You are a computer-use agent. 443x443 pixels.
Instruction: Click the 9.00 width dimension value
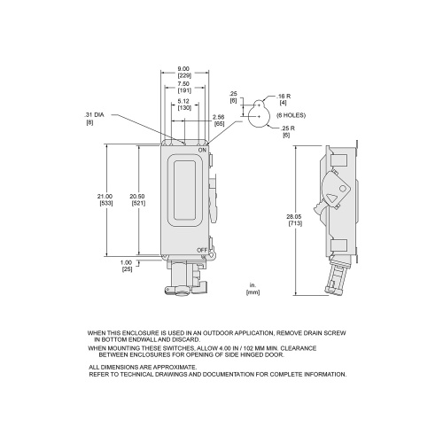183,69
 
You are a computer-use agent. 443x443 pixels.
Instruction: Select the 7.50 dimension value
183,84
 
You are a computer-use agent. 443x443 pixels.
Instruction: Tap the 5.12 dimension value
183,101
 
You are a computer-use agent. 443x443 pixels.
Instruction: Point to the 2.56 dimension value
219,118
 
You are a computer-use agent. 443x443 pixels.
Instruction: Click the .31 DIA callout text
94,115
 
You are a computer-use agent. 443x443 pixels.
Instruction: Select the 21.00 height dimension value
105,197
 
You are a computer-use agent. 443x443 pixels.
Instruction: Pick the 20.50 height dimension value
137,197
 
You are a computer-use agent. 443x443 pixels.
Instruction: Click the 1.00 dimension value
126,262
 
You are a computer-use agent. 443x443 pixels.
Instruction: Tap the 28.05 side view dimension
294,217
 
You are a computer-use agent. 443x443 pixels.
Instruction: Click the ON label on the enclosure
202,151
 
